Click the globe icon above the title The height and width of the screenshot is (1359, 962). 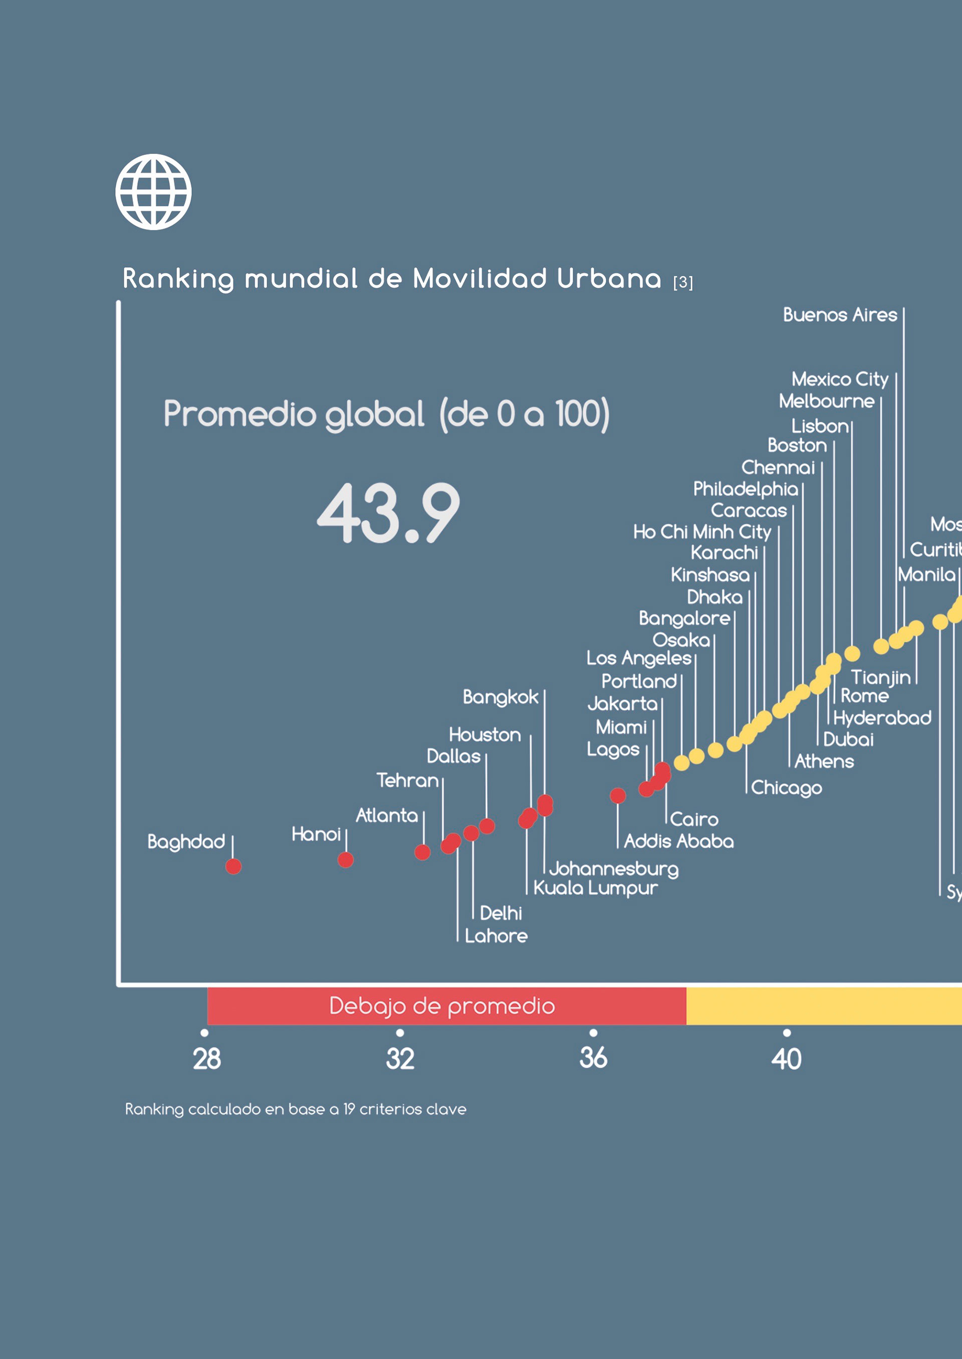tap(153, 191)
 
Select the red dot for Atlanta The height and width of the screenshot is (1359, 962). tap(422, 852)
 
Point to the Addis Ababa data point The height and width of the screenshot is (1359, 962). tap(618, 796)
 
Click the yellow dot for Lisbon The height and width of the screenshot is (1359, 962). tap(852, 653)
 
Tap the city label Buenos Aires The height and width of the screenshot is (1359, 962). tap(840, 315)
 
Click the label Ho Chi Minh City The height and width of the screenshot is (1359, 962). tap(702, 532)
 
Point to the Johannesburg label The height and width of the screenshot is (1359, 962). tap(614, 869)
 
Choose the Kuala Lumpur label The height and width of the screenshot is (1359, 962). tap(595, 888)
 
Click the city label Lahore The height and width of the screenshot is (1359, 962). tap(496, 936)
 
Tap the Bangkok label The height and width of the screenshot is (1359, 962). tap(501, 697)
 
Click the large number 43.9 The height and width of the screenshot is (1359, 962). tap(388, 513)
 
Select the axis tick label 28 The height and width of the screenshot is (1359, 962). tap(207, 1059)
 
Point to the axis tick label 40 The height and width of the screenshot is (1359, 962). tap(786, 1059)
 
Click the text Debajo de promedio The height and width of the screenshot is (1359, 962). tap(442, 1006)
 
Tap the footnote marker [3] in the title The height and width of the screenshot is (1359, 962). tap(683, 282)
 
